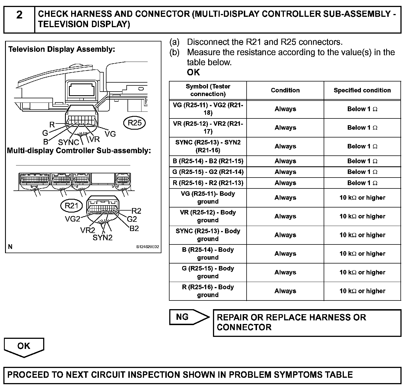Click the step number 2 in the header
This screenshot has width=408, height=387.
point(19,15)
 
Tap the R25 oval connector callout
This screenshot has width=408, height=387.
point(135,123)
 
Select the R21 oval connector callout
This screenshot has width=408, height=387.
point(71,206)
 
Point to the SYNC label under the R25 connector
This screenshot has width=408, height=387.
point(68,142)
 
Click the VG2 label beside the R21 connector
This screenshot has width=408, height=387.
point(73,219)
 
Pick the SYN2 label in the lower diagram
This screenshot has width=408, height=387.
point(103,238)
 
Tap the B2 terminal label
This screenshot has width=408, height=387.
point(134,229)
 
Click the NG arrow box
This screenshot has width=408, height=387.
point(189,317)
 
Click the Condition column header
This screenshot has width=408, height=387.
point(285,90)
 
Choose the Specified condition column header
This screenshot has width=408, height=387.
point(362,90)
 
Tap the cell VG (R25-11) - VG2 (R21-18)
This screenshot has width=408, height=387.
point(208,109)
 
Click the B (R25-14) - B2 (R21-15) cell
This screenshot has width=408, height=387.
point(208,161)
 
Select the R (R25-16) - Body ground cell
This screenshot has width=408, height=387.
point(208,291)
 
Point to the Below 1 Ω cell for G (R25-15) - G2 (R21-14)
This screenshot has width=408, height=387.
point(362,172)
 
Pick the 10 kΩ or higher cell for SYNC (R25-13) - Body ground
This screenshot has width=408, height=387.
point(362,235)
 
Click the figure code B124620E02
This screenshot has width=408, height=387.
point(148,247)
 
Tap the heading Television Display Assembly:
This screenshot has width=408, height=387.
point(62,50)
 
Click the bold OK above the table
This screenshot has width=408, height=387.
point(193,72)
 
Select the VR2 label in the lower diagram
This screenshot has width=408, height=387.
point(88,230)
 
